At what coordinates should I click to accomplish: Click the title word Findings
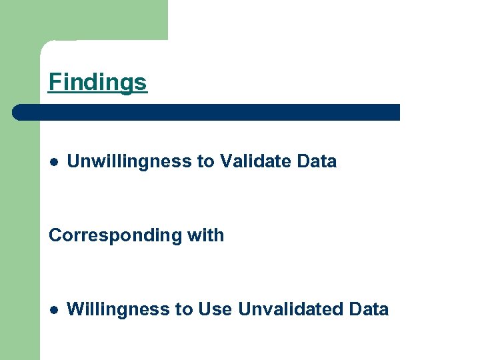(97, 82)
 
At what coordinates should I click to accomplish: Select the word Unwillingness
(129, 161)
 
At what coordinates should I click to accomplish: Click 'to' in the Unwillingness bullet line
(205, 161)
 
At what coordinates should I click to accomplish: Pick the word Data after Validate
(317, 161)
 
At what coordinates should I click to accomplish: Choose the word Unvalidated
(290, 309)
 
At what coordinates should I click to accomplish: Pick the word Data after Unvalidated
(369, 309)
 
